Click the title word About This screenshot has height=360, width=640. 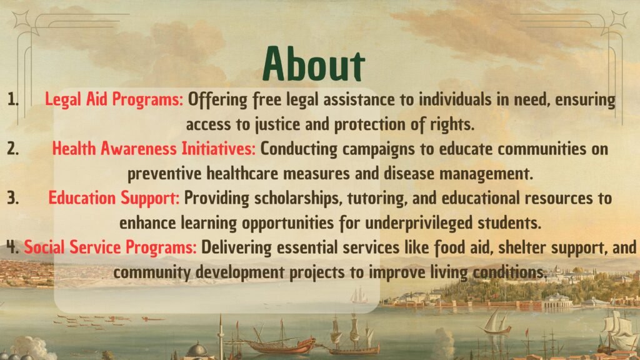pyautogui.click(x=314, y=64)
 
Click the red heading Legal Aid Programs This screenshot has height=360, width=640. pyautogui.click(x=114, y=99)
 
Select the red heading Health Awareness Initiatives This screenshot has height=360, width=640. pyautogui.click(x=154, y=149)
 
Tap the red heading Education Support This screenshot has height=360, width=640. pyautogui.click(x=114, y=198)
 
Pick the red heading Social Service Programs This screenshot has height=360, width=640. pyautogui.click(x=110, y=247)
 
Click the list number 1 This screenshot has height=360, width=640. pyautogui.click(x=12, y=99)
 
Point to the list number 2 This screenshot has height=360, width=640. pyautogui.click(x=13, y=149)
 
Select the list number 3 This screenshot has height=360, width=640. pyautogui.click(x=13, y=198)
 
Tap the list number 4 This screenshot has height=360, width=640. pyautogui.click(x=12, y=247)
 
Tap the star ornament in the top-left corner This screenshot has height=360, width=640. pyautogui.click(x=21, y=19)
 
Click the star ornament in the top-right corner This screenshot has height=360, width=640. pyautogui.click(x=619, y=19)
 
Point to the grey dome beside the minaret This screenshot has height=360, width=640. pyautogui.click(x=197, y=351)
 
